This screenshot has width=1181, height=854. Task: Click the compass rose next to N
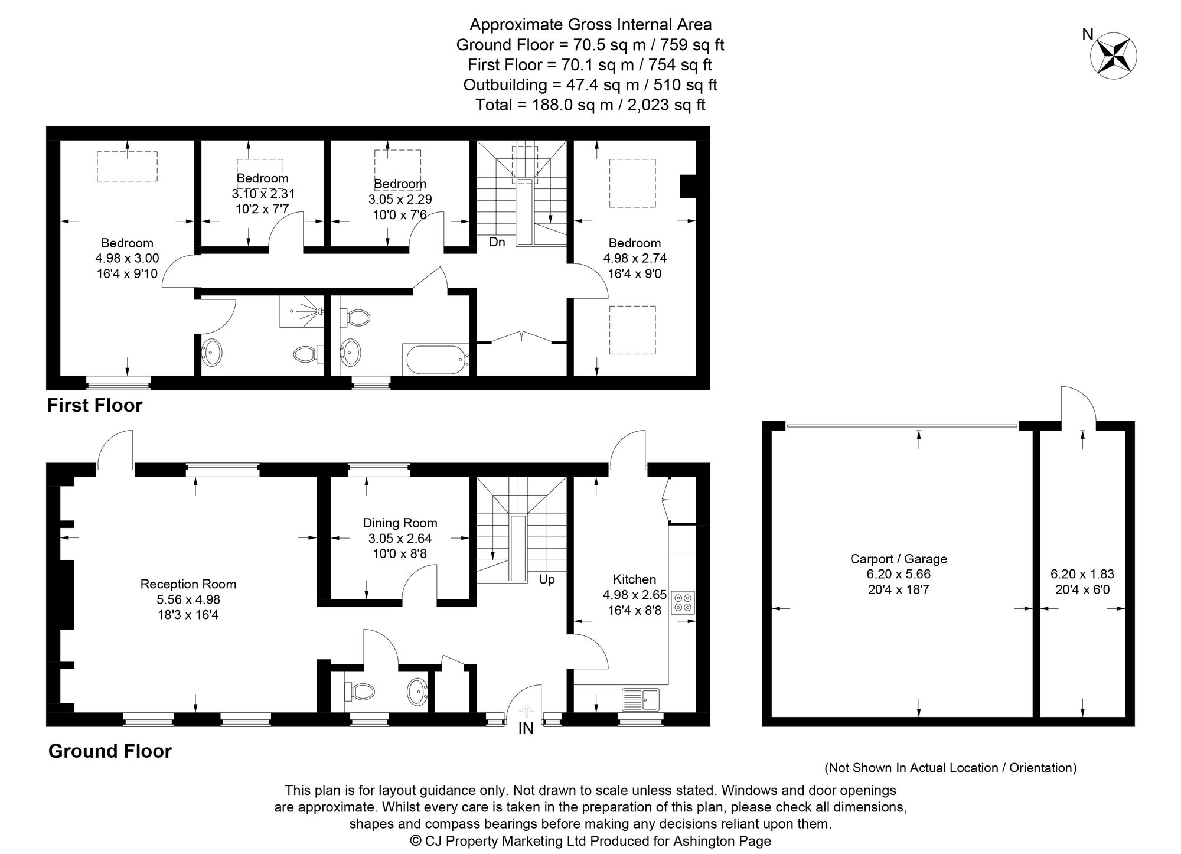pyautogui.click(x=1113, y=56)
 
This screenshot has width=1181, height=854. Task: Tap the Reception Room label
pyautogui.click(x=188, y=584)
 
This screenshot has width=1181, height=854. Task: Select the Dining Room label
pyautogui.click(x=400, y=523)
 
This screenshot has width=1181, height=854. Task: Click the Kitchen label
pyautogui.click(x=634, y=579)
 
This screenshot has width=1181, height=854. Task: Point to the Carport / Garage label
pyautogui.click(x=898, y=559)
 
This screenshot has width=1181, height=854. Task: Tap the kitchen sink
pyautogui.click(x=641, y=699)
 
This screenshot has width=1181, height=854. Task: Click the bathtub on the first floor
pyautogui.click(x=436, y=358)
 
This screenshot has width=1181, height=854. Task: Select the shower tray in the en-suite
pyautogui.click(x=301, y=311)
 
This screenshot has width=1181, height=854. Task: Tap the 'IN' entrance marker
pyautogui.click(x=526, y=729)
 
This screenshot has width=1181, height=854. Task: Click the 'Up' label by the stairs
pyautogui.click(x=547, y=580)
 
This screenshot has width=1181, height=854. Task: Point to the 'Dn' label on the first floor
pyautogui.click(x=497, y=242)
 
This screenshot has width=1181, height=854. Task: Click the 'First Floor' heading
pyautogui.click(x=95, y=405)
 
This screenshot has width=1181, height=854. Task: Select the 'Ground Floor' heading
pyautogui.click(x=110, y=751)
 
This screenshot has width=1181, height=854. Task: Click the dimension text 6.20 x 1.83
pyautogui.click(x=1082, y=573)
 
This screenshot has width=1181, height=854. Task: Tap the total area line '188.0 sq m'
pyautogui.click(x=590, y=105)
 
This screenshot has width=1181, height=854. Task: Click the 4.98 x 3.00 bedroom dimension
pyautogui.click(x=127, y=258)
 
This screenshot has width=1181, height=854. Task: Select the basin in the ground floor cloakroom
pyautogui.click(x=418, y=690)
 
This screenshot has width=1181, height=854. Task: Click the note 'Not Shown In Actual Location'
pyautogui.click(x=951, y=768)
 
